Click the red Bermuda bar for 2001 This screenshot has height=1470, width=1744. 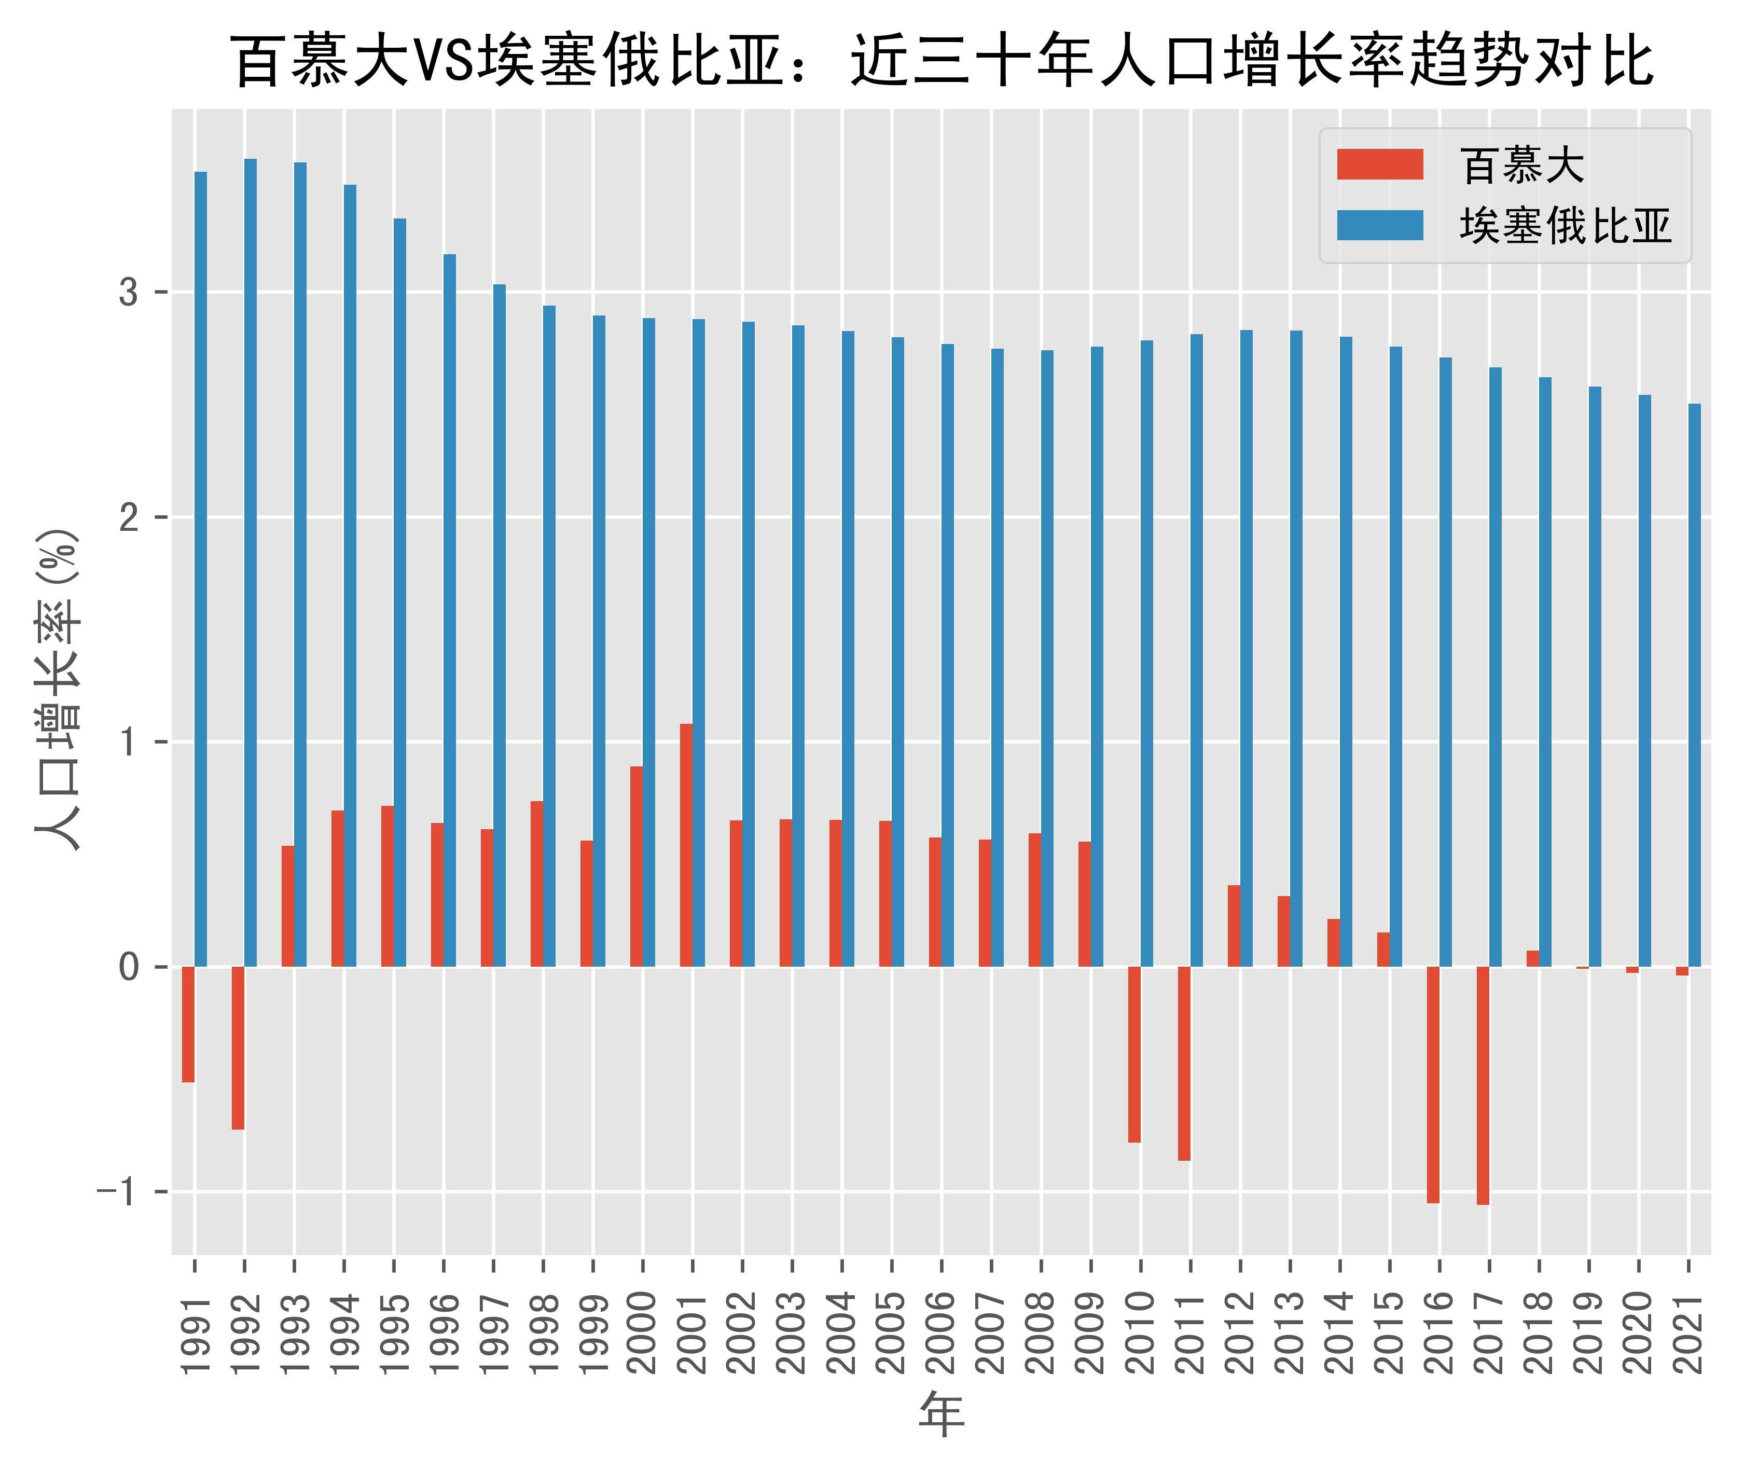pyautogui.click(x=686, y=845)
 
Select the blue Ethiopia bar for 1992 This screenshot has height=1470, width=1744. pyautogui.click(x=250, y=562)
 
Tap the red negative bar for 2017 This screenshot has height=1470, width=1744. pyautogui.click(x=1483, y=1085)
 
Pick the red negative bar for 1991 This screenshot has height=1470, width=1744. pyautogui.click(x=188, y=1024)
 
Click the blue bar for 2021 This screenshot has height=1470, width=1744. pyautogui.click(x=1694, y=685)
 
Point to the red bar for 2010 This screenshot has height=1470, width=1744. pyautogui.click(x=1134, y=1054)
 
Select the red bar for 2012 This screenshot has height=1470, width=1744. pyautogui.click(x=1234, y=926)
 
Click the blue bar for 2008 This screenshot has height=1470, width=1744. pyautogui.click(x=1047, y=658)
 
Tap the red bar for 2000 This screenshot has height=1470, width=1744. pyautogui.click(x=636, y=867)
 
